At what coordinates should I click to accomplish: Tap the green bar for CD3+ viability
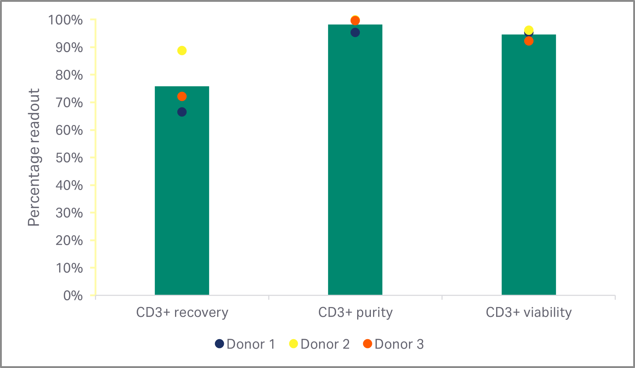click(529, 170)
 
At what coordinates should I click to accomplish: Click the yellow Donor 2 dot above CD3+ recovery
click(182, 51)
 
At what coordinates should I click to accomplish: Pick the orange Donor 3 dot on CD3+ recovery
click(182, 97)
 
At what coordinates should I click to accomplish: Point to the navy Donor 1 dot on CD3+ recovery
click(182, 112)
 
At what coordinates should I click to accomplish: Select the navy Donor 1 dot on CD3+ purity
click(355, 33)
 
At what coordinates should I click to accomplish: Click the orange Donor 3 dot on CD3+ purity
click(355, 21)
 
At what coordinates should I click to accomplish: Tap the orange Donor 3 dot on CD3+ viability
click(529, 41)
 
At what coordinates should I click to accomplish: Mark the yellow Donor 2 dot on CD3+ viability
click(529, 30)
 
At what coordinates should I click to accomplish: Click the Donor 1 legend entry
click(245, 344)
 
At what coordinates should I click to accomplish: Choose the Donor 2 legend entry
click(320, 344)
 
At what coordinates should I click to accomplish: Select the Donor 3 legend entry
click(393, 344)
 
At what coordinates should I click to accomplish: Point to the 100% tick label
click(66, 20)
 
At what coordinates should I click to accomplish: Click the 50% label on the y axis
click(69, 158)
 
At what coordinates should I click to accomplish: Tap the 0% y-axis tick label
click(73, 296)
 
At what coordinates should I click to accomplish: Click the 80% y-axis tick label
click(69, 75)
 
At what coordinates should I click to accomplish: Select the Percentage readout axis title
click(34, 157)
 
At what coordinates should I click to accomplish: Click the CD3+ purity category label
click(355, 313)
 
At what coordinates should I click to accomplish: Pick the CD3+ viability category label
click(529, 313)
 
